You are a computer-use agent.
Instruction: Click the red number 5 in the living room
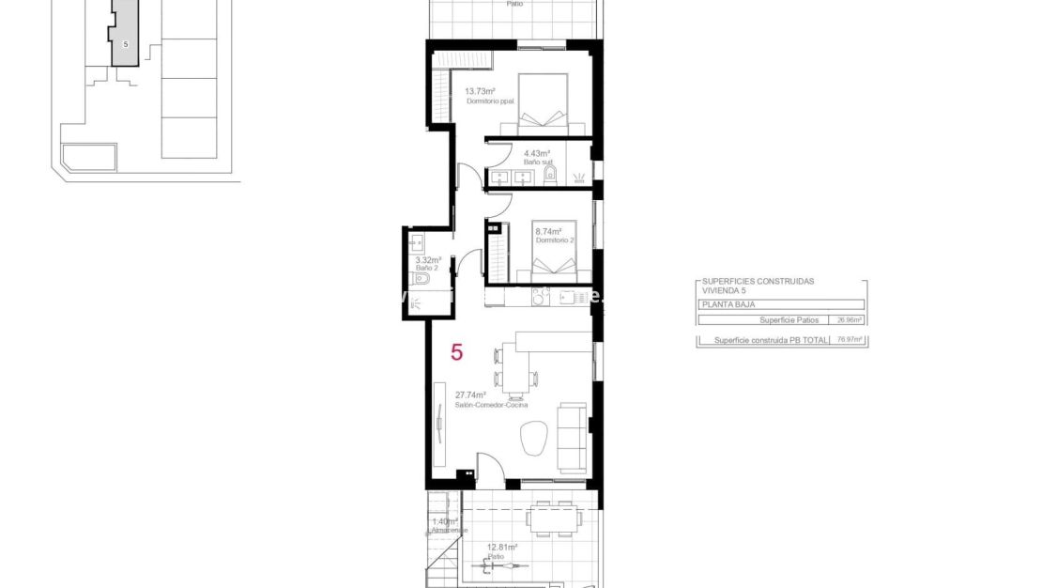point(457,353)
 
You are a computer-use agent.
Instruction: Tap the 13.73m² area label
point(480,91)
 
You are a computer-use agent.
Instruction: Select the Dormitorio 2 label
point(553,240)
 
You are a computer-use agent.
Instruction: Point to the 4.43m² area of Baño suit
point(536,153)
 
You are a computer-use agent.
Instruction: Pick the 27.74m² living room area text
point(470,395)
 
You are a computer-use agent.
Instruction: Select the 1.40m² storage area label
point(444,521)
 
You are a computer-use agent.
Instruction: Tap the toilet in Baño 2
point(422,279)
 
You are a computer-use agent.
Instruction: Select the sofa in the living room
point(572,437)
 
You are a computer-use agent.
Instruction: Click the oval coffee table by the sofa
point(534,439)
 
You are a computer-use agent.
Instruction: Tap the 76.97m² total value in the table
point(850,340)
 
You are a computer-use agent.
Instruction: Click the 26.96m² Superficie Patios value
point(850,320)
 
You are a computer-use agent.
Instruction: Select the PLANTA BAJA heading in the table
point(728,305)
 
